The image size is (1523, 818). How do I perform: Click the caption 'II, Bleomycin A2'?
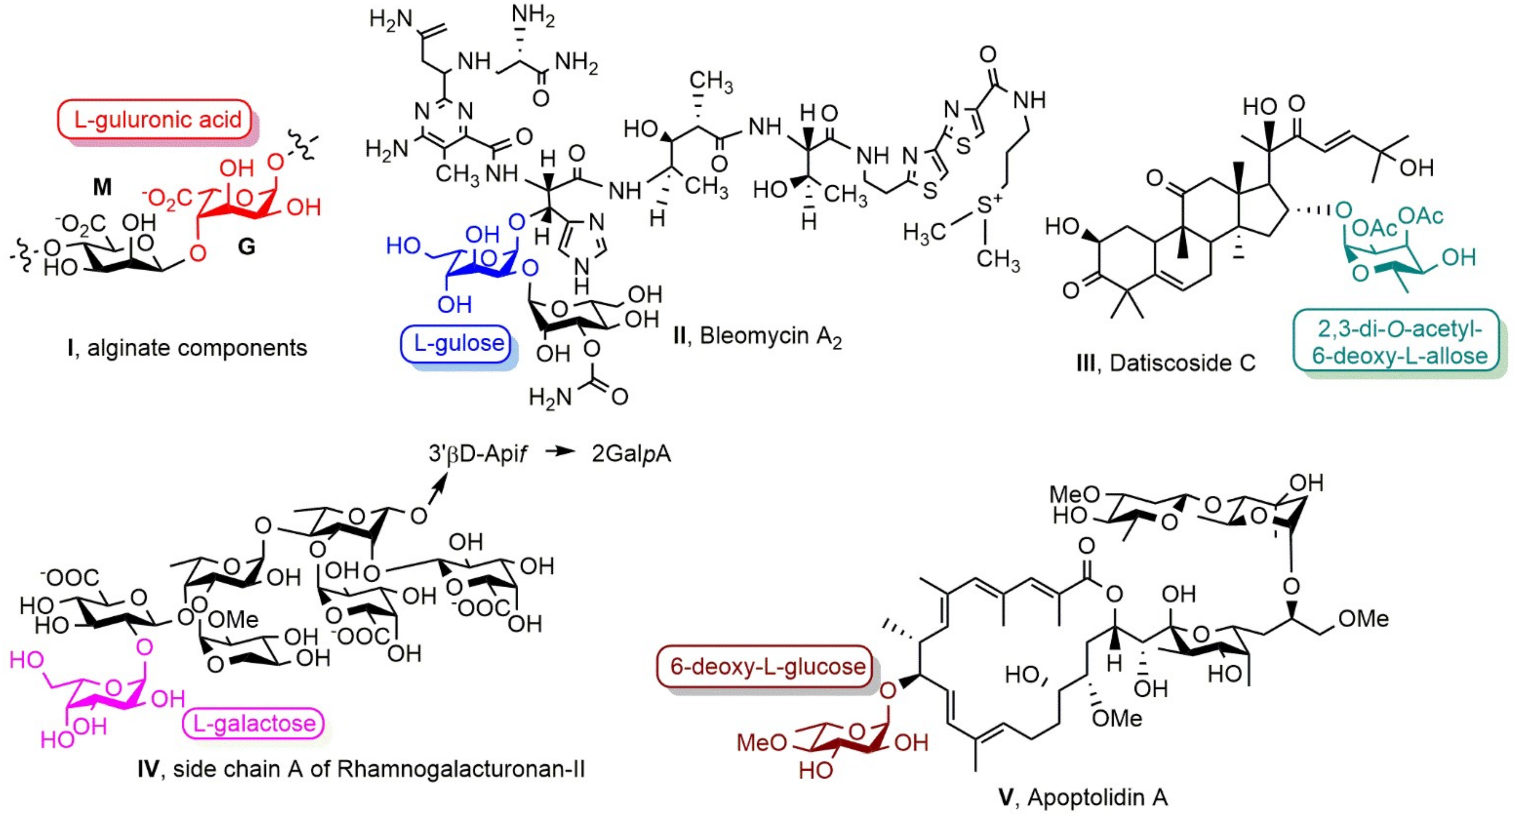tap(757, 336)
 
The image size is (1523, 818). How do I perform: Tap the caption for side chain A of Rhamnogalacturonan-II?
tap(361, 769)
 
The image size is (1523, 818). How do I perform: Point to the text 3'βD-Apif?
tap(478, 454)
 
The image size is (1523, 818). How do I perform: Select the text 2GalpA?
tap(631, 454)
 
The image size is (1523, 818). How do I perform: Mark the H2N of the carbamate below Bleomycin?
tap(550, 397)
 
